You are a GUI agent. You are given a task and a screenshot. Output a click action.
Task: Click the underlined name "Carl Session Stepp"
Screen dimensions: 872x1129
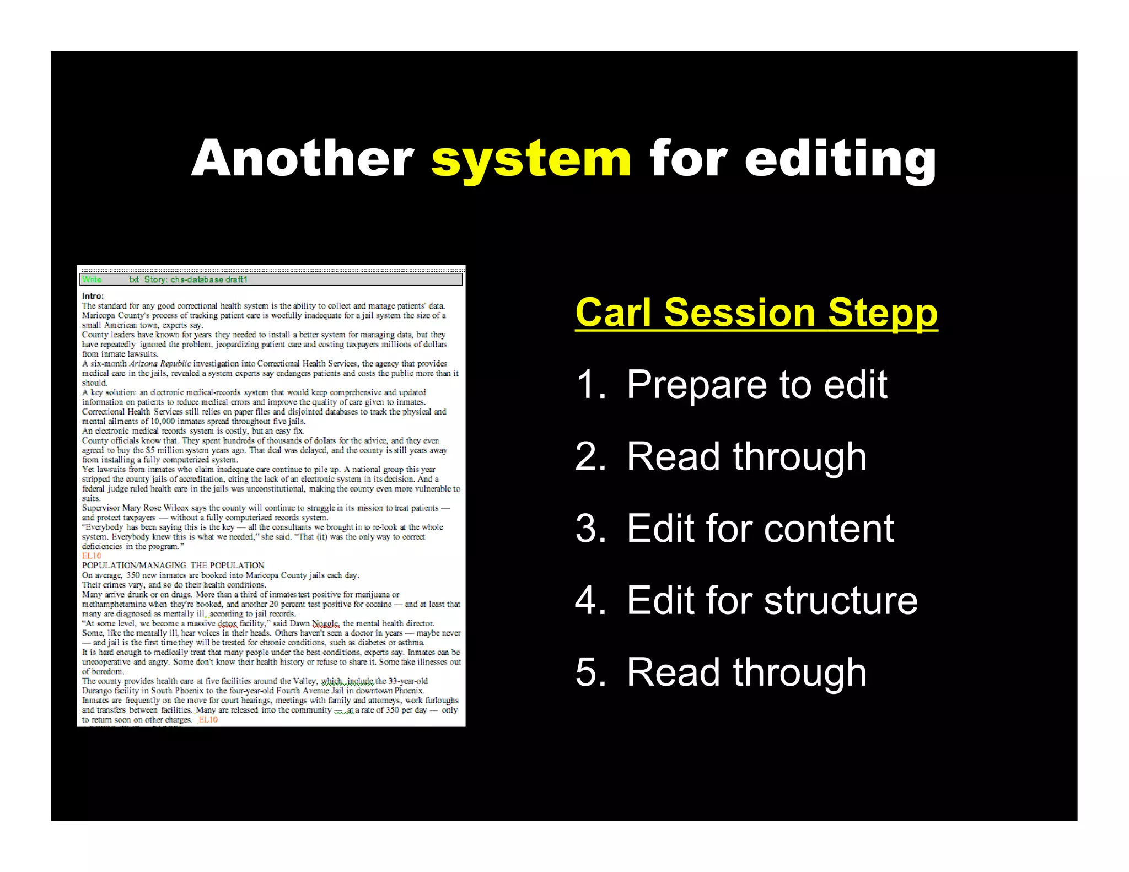[756, 313]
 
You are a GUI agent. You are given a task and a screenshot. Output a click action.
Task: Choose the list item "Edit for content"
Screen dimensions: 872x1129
[760, 529]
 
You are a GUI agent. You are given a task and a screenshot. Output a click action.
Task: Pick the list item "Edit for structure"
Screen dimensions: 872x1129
[772, 600]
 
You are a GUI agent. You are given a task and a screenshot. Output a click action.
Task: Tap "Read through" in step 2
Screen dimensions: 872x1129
[746, 456]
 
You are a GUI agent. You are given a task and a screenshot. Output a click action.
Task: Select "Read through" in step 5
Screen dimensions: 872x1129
[746, 672]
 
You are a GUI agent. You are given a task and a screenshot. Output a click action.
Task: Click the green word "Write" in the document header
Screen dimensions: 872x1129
[92, 279]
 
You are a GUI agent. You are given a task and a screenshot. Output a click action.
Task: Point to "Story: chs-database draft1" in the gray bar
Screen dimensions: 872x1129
[196, 279]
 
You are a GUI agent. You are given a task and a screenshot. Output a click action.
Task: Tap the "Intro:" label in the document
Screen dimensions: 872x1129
[93, 296]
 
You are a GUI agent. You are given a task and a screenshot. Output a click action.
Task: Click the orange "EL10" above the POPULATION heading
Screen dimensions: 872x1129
[92, 556]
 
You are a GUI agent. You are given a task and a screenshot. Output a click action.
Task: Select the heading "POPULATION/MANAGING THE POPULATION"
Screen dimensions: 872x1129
[173, 566]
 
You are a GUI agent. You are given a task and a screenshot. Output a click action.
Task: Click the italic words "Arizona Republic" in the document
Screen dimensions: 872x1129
[160, 364]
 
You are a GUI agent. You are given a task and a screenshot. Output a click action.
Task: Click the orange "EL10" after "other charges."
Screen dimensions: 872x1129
[208, 719]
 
